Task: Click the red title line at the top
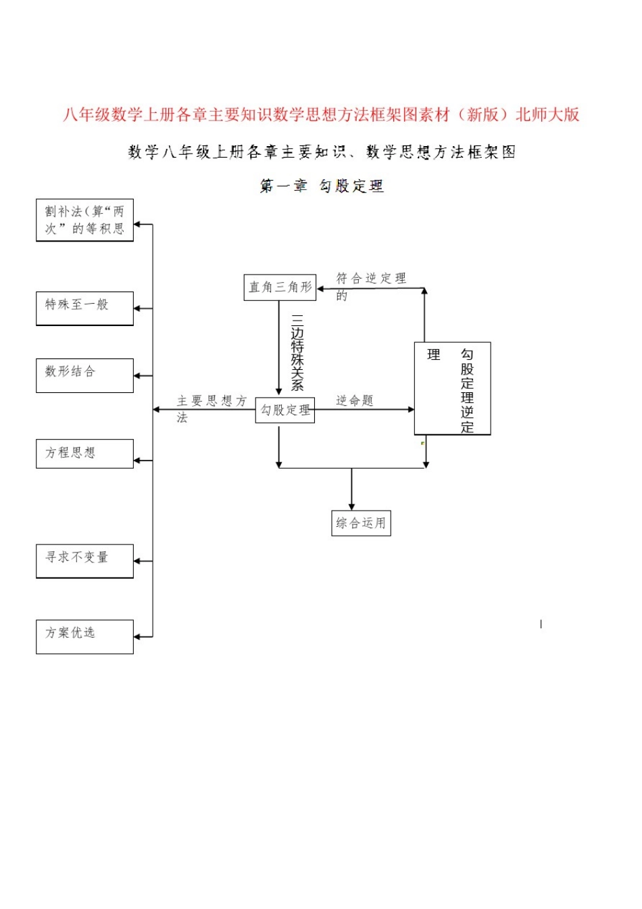click(321, 115)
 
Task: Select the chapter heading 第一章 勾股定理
click(322, 186)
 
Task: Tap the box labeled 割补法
click(84, 220)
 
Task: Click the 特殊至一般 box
click(84, 308)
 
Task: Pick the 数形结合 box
click(84, 375)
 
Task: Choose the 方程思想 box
click(84, 453)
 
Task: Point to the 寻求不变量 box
click(84, 561)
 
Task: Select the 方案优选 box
click(84, 636)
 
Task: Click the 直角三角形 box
click(280, 287)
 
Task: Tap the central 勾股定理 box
click(285, 410)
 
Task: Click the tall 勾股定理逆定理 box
click(452, 388)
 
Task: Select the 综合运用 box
click(361, 523)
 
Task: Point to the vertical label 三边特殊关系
click(297, 352)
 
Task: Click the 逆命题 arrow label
click(355, 400)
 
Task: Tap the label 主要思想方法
click(211, 409)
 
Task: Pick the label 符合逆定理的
click(370, 285)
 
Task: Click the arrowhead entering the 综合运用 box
click(351, 507)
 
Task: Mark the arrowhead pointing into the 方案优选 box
click(137, 636)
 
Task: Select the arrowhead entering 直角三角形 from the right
click(320, 289)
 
